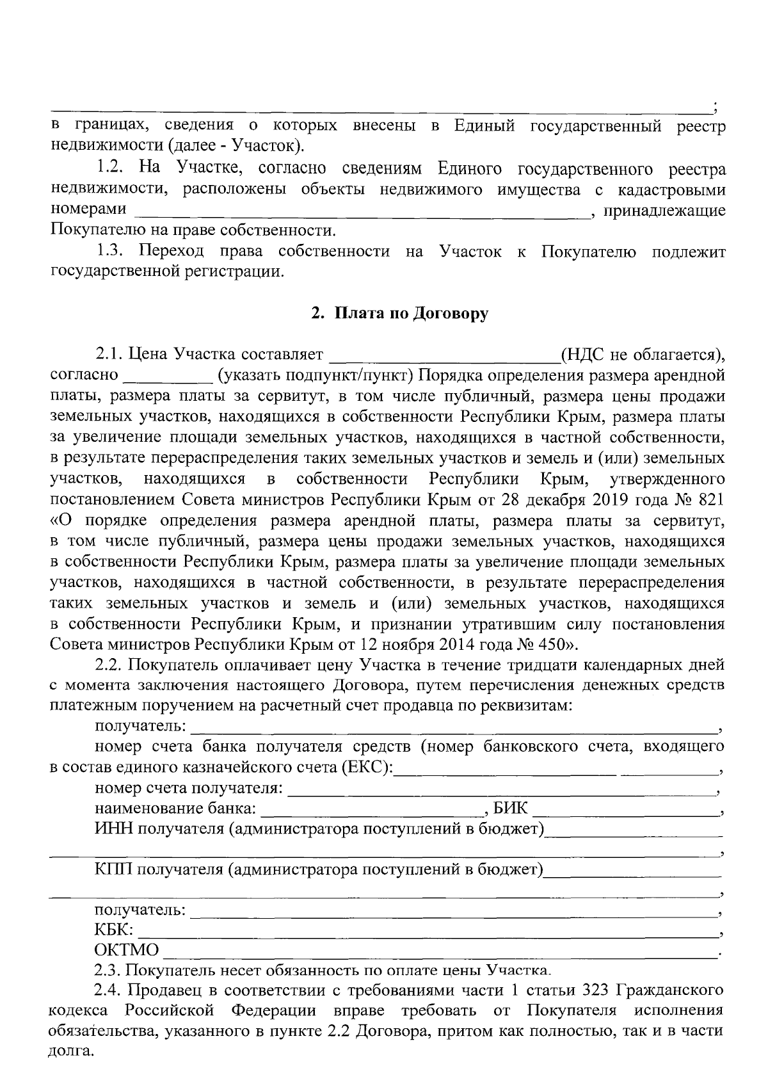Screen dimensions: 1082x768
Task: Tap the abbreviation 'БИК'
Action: (511, 809)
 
